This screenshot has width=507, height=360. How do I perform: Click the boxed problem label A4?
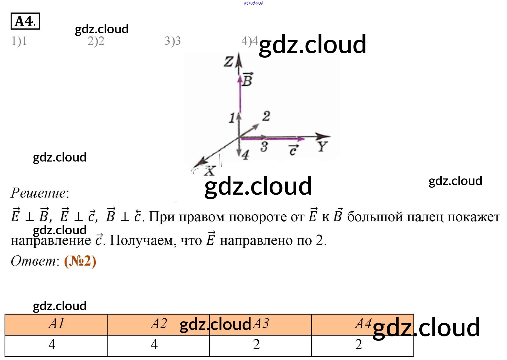[x=25, y=21]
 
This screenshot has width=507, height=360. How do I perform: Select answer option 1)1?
[x=19, y=41]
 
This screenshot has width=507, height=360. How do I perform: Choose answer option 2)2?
[x=96, y=41]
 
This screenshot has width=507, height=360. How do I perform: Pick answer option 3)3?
[x=173, y=41]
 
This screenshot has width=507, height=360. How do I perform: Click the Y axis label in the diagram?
[x=322, y=147]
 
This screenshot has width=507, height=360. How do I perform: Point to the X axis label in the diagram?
[x=210, y=171]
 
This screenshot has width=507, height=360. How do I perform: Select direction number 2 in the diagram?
[x=266, y=116]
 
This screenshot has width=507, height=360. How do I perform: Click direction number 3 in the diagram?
[x=264, y=147]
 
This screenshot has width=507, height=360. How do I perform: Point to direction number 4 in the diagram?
[x=245, y=155]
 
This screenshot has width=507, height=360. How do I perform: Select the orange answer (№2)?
[x=80, y=261]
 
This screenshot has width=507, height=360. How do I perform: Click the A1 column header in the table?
[x=56, y=324]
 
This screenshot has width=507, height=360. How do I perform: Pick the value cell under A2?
[x=154, y=344]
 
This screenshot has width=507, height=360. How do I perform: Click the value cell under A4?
[x=359, y=344]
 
